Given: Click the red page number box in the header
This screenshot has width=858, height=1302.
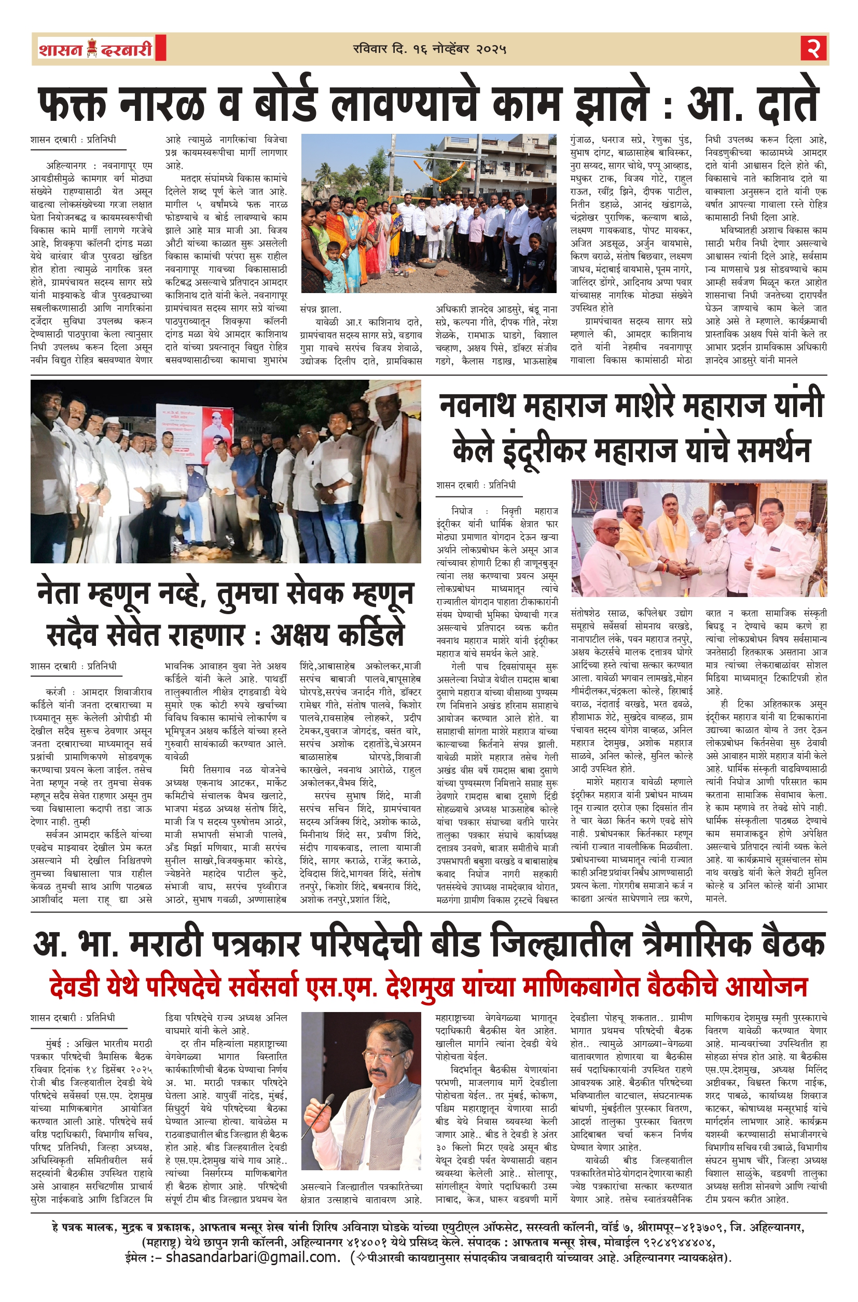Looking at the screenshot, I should click(814, 49).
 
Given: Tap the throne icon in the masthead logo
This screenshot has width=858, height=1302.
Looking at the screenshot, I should click(91, 49).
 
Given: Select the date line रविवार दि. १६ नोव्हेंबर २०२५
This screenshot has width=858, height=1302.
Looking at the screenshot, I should click(429, 49).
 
